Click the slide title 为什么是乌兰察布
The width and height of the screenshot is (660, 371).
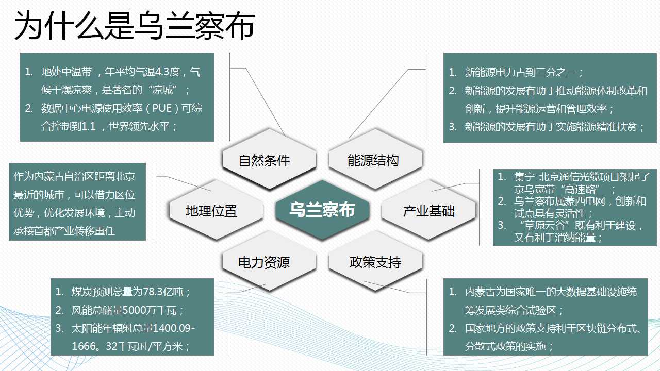[135, 26]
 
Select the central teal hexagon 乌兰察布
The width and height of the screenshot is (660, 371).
[322, 210]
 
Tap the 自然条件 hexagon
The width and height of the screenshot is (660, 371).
[269, 159]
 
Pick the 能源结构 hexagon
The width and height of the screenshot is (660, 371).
[375, 159]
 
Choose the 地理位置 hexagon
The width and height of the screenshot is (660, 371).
[216, 210]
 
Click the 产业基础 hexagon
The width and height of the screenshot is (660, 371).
[428, 210]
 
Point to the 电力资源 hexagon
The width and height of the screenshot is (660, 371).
[269, 261]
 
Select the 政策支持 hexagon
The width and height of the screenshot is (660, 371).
[375, 261]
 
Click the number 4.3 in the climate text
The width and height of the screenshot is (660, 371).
[161, 72]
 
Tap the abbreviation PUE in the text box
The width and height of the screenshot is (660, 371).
[162, 108]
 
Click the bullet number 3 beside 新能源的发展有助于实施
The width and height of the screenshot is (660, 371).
[452, 127]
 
